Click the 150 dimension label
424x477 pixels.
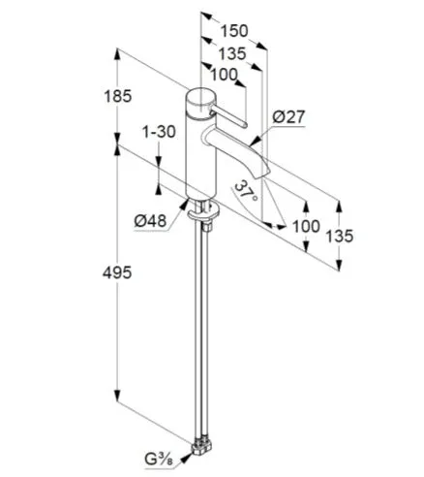pos(234,31)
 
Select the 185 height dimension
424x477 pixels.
pos(118,96)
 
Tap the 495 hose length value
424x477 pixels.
pos(117,272)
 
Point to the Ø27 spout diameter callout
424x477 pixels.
pos(288,116)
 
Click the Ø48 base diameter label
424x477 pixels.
pos(150,221)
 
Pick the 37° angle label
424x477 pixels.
pos(246,191)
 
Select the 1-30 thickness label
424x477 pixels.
pos(159,132)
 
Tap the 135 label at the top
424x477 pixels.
pos(232,53)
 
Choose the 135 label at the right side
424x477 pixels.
pos(340,236)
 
